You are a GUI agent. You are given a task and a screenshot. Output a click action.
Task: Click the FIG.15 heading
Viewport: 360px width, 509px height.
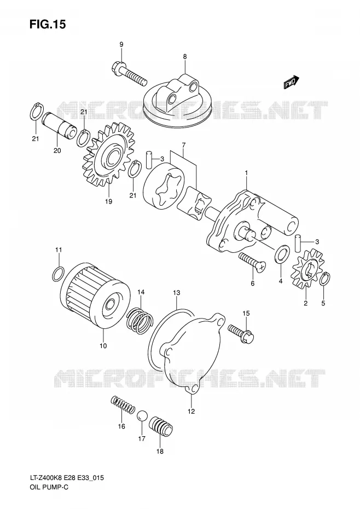48,24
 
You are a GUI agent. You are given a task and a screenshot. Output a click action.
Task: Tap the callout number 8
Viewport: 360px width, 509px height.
185,56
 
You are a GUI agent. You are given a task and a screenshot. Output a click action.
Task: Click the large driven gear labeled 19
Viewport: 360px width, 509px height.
109,154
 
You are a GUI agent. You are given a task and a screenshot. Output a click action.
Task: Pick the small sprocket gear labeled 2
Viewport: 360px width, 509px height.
307,268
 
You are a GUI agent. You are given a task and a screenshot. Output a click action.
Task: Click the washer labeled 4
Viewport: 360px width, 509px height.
281,254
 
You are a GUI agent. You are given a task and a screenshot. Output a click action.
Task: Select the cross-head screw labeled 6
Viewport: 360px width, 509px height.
252,262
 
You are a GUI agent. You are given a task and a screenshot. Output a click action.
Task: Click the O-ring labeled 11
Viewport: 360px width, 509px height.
59,273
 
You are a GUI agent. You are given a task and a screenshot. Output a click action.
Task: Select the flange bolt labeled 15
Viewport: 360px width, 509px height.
241,333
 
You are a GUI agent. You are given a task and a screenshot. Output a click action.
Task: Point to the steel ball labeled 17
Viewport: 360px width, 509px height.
142,416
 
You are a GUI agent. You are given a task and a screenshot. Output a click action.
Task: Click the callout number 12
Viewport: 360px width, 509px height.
191,411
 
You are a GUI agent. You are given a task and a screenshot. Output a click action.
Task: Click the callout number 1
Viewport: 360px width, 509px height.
246,174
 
